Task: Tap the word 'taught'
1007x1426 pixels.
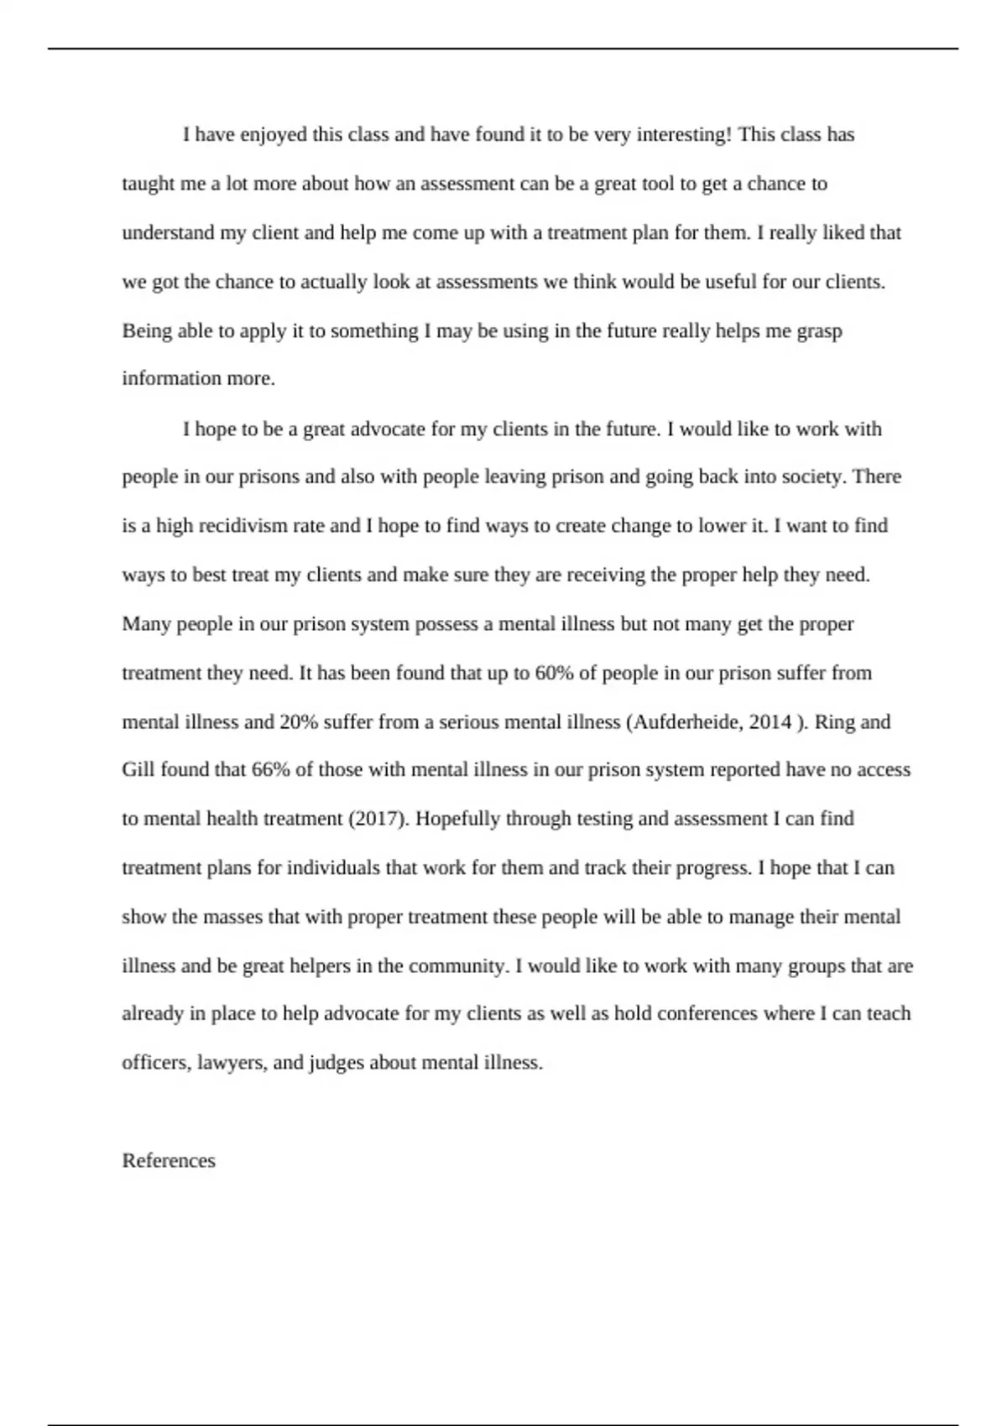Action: [x=149, y=184]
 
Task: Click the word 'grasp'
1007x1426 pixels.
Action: [x=819, y=331]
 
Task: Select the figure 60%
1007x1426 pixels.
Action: [x=554, y=674]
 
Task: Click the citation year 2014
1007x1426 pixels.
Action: [x=770, y=722]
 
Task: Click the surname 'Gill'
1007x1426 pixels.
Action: [x=138, y=770]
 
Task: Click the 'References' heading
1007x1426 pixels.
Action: [x=169, y=1161]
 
